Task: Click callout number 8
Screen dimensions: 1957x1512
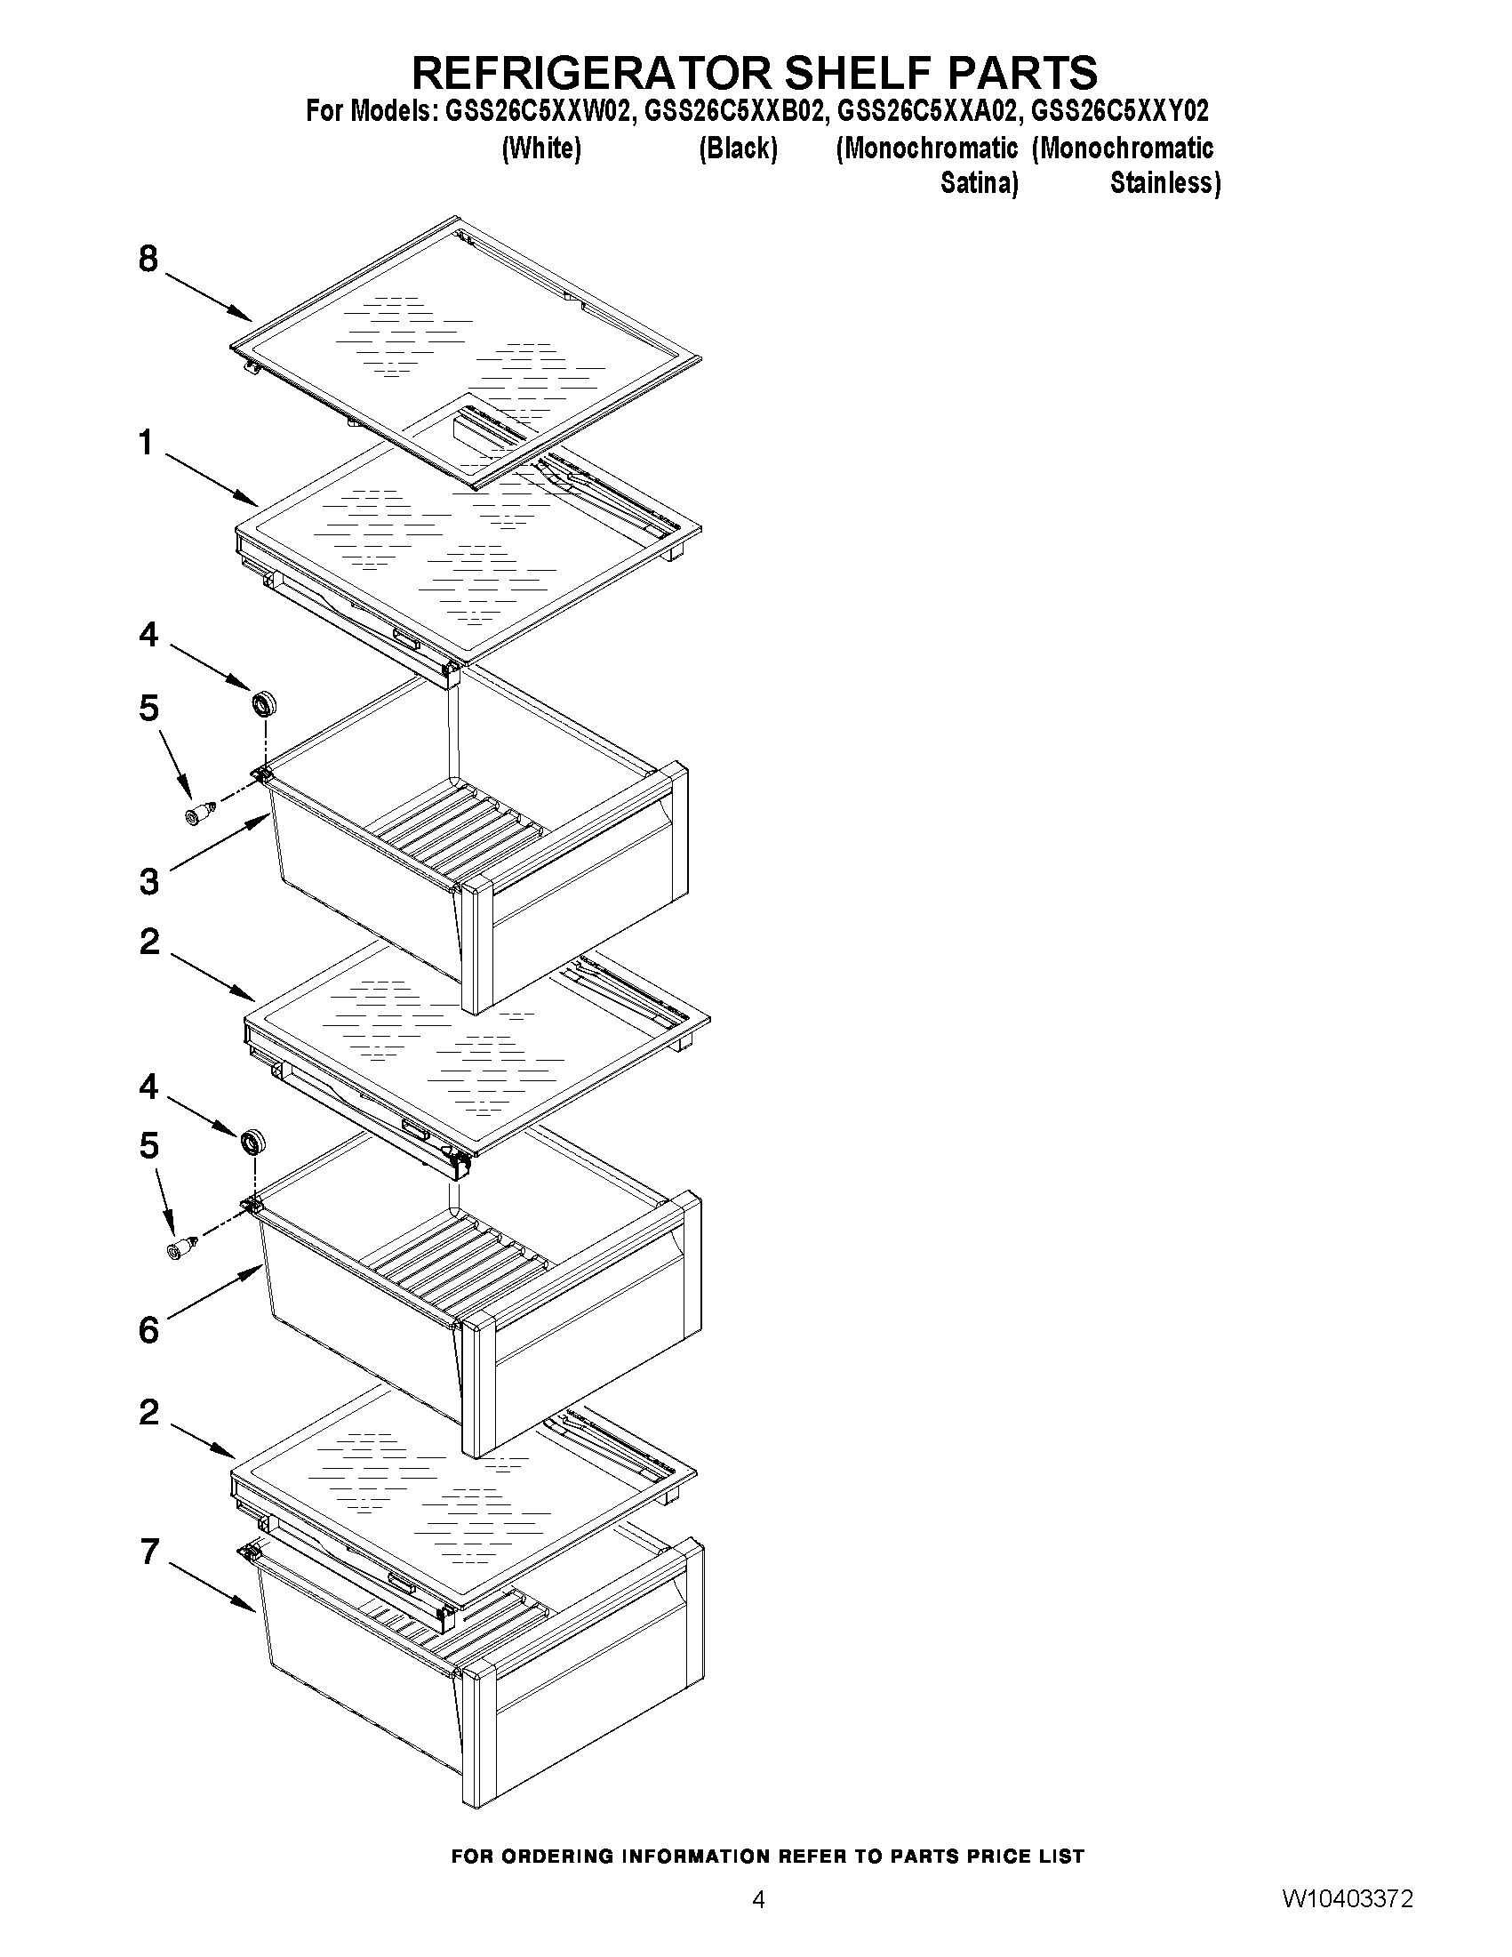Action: (x=148, y=259)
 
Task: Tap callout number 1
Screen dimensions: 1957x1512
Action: (x=146, y=442)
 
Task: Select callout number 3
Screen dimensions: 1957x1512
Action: (x=148, y=882)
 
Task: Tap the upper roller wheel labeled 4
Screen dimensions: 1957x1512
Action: (x=264, y=703)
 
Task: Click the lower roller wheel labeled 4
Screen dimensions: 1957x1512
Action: (x=253, y=1143)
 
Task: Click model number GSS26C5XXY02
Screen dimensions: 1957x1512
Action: (x=1120, y=111)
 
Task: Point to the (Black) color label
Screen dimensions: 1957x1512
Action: (x=737, y=148)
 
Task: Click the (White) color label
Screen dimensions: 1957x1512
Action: (x=541, y=148)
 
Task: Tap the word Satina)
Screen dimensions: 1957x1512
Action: (x=978, y=183)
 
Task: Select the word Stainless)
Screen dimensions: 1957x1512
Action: (x=1164, y=183)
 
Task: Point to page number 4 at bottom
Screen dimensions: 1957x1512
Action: (x=758, y=1924)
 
